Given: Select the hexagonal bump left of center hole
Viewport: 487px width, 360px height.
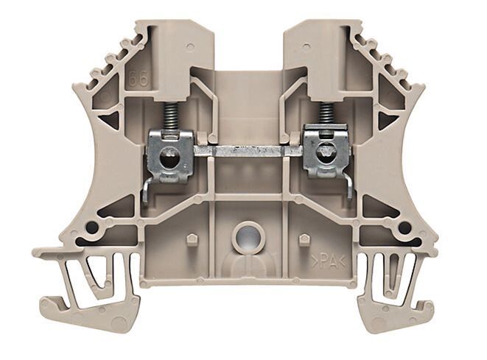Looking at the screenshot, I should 191,239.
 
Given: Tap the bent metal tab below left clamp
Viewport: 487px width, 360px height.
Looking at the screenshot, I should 147,191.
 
